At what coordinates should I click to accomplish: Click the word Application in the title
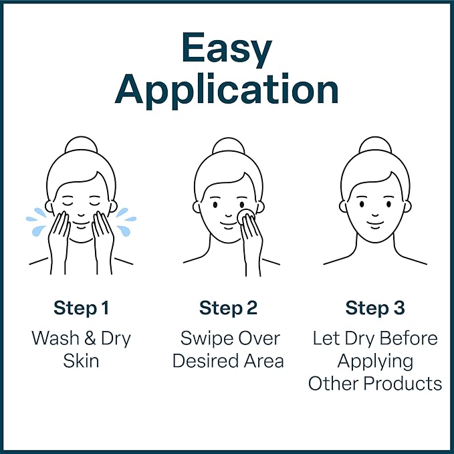coord(227,90)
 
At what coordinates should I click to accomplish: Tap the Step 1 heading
coord(81,308)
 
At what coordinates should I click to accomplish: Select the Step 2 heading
coord(228,308)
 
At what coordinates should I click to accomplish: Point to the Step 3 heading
coord(374,308)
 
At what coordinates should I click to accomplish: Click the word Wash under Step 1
coord(55,338)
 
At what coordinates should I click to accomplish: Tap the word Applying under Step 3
coord(375,361)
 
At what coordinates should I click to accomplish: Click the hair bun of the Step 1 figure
coord(81,146)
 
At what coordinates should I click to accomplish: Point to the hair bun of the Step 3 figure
coord(374,146)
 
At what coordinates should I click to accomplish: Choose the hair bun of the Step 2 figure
coord(228,146)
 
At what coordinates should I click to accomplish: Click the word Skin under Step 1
coord(81,361)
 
